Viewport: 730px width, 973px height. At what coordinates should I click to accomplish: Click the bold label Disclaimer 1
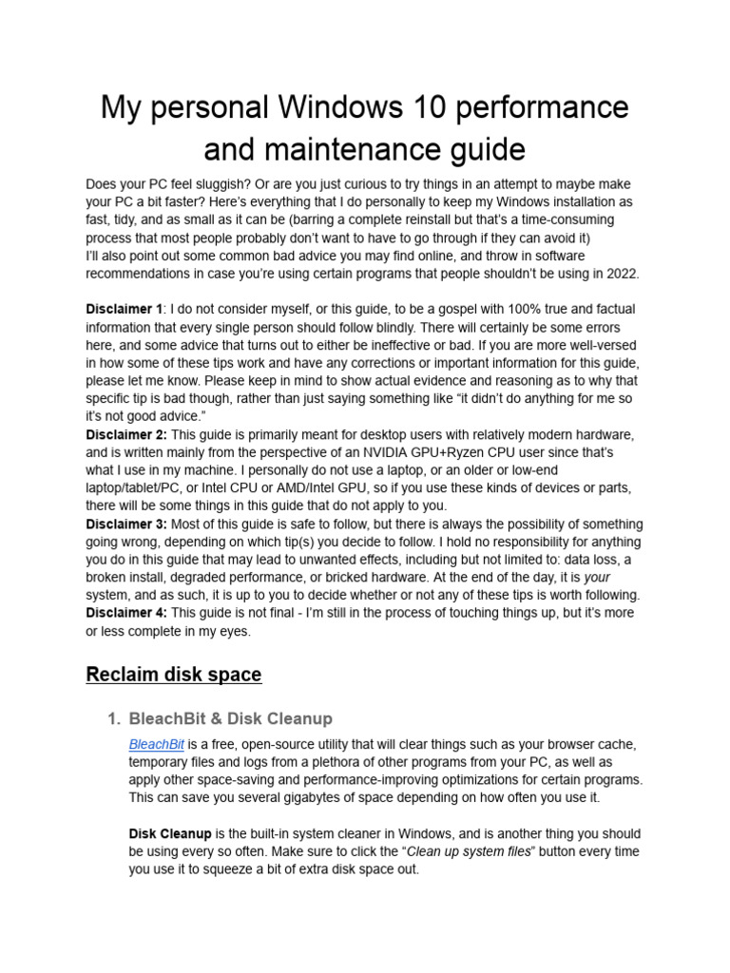click(124, 310)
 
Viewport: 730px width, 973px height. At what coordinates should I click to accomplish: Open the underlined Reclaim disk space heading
click(173, 675)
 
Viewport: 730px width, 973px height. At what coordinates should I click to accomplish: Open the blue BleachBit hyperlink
click(156, 744)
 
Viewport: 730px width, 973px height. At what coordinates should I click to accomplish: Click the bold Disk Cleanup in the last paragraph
click(170, 833)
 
